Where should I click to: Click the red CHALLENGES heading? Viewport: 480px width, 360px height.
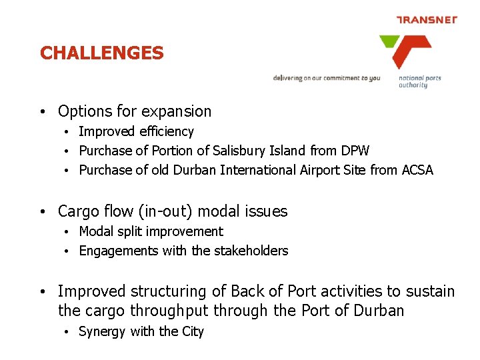tap(101, 53)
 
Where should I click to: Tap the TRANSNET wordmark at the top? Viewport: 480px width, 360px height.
tap(427, 19)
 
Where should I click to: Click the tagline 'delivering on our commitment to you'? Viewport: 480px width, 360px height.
tap(326, 78)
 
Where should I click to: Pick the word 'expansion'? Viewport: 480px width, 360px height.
tap(179, 111)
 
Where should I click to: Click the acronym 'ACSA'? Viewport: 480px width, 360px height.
tap(417, 170)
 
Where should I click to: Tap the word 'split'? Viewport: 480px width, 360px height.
tap(133, 231)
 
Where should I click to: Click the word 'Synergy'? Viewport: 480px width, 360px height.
tap(102, 331)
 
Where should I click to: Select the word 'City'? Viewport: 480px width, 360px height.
tap(193, 331)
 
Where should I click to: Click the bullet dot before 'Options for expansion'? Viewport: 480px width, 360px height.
tap(42, 112)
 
